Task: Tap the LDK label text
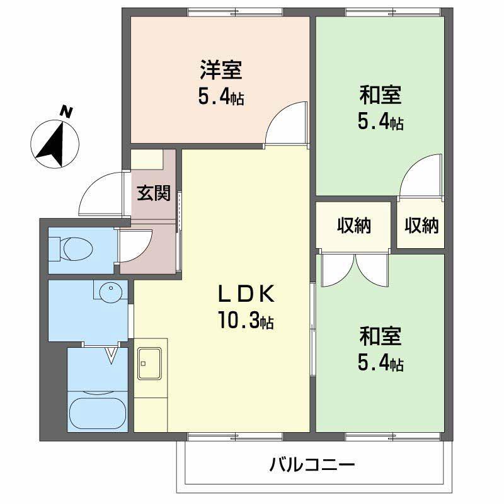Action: (x=246, y=294)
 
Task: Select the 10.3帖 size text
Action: (x=246, y=321)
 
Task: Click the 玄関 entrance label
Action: (x=154, y=193)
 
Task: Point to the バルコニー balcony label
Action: (x=312, y=466)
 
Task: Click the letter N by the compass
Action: (x=66, y=112)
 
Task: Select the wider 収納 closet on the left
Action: (x=353, y=225)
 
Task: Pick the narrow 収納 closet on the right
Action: (x=421, y=225)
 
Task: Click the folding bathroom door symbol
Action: (x=112, y=356)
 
